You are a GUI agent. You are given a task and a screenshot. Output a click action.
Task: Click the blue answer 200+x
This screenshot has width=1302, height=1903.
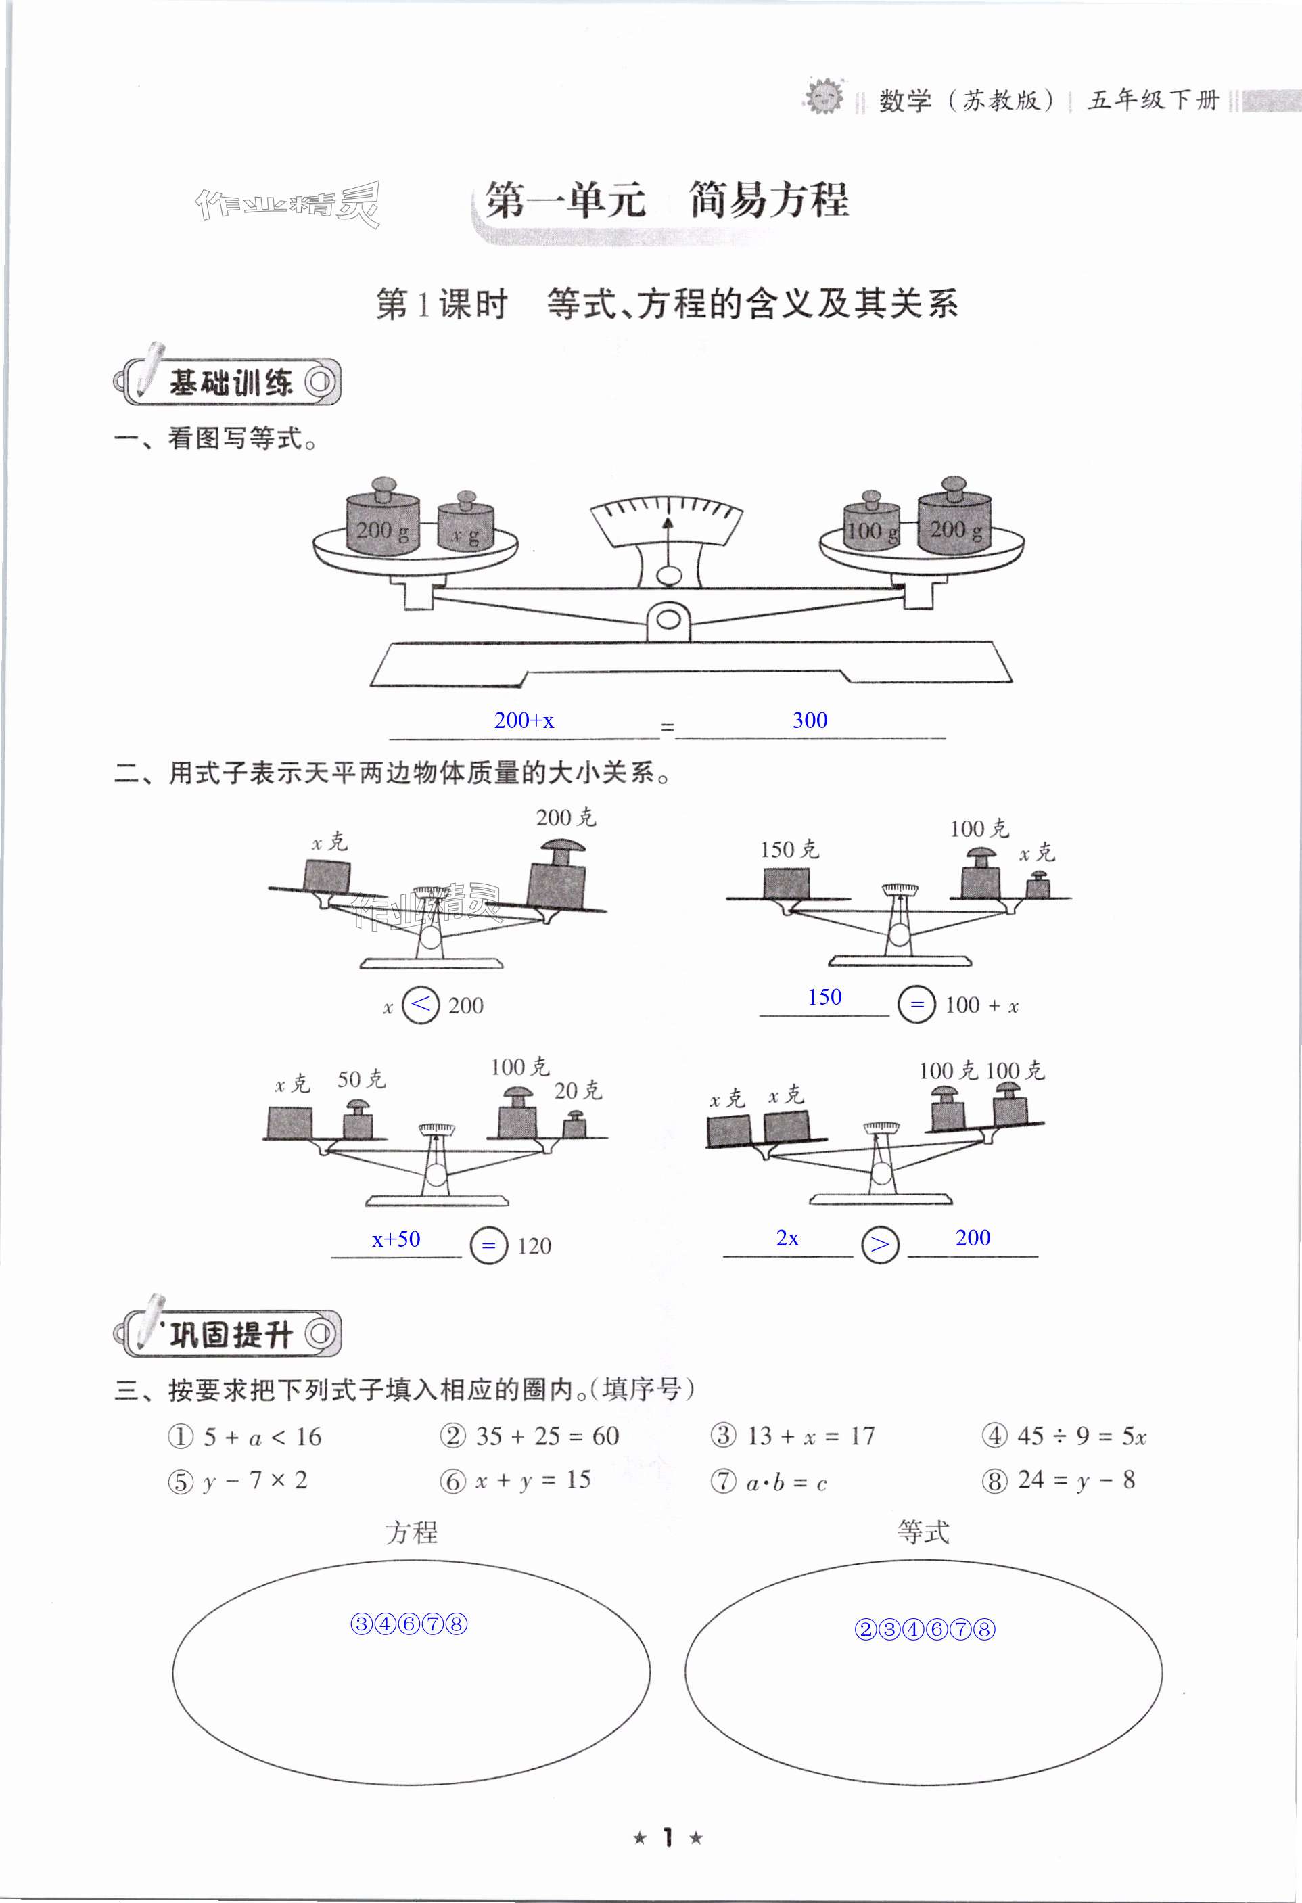pyautogui.click(x=524, y=720)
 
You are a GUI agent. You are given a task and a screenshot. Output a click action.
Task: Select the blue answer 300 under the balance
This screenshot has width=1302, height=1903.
pyautogui.click(x=809, y=720)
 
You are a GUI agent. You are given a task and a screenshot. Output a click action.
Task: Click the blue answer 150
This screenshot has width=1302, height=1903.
pyautogui.click(x=824, y=997)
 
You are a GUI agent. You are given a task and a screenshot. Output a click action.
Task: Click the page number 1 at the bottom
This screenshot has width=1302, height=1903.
pyautogui.click(x=668, y=1837)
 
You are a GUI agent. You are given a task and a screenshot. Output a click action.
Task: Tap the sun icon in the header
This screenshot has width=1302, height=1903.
pyautogui.click(x=823, y=97)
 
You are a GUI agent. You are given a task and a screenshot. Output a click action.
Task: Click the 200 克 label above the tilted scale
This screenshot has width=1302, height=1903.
pyautogui.click(x=566, y=817)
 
